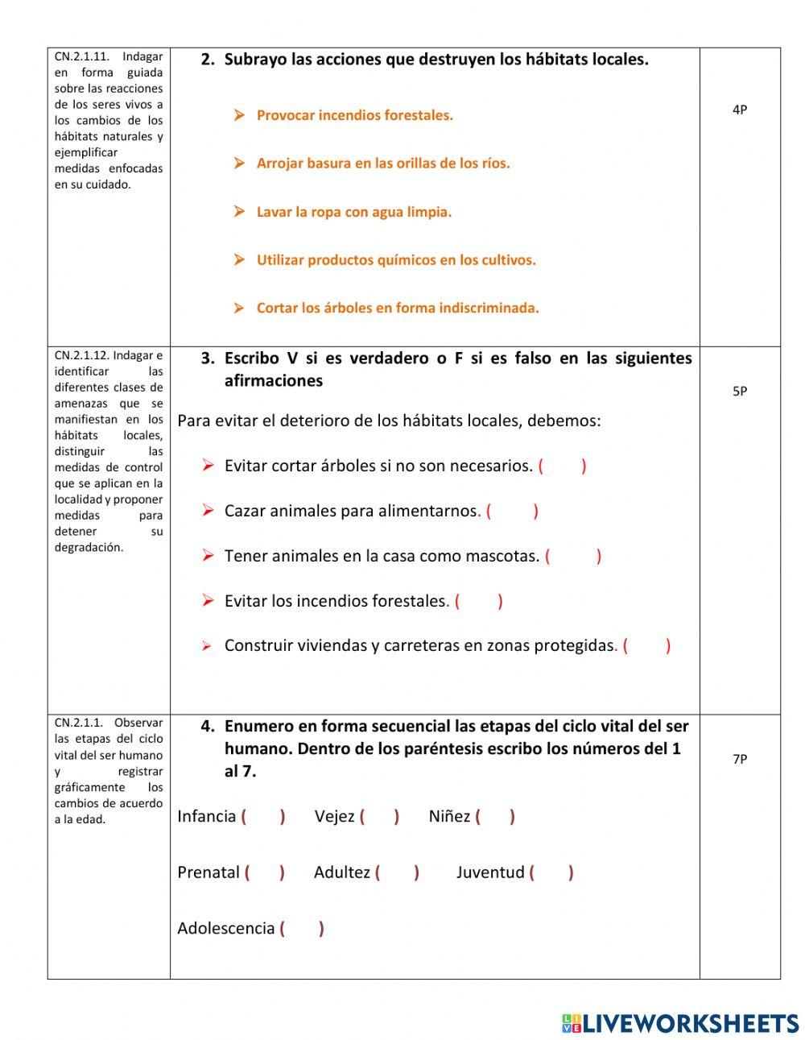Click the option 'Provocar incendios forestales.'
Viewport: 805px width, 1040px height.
pyautogui.click(x=354, y=115)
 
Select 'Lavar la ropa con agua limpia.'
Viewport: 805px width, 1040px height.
pyautogui.click(x=353, y=212)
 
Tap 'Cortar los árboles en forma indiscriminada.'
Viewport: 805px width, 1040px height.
pyautogui.click(x=397, y=308)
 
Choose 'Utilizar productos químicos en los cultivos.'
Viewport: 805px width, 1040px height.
pyautogui.click(x=395, y=260)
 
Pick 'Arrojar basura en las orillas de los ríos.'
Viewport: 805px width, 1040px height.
pyautogui.click(x=382, y=164)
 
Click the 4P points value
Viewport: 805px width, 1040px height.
pyautogui.click(x=739, y=110)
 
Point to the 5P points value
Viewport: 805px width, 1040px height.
pyautogui.click(x=739, y=392)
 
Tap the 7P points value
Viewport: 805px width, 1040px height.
pyautogui.click(x=739, y=759)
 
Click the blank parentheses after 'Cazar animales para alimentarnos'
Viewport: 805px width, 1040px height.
pyautogui.click(x=512, y=511)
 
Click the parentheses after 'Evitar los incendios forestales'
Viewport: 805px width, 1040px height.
pyautogui.click(x=478, y=601)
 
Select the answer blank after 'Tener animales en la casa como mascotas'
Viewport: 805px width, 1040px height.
pyautogui.click(x=572, y=556)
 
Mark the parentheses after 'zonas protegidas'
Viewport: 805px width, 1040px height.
pyautogui.click(x=646, y=645)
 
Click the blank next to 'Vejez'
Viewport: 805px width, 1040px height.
pyautogui.click(x=379, y=816)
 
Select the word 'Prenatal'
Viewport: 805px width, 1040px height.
pyautogui.click(x=208, y=872)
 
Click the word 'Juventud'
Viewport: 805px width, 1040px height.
pyautogui.click(x=490, y=872)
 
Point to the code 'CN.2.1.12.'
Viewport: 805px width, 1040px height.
pyautogui.click(x=82, y=355)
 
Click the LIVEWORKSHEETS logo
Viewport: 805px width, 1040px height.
pyautogui.click(x=679, y=1023)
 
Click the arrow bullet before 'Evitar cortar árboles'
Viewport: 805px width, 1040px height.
pyautogui.click(x=208, y=466)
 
